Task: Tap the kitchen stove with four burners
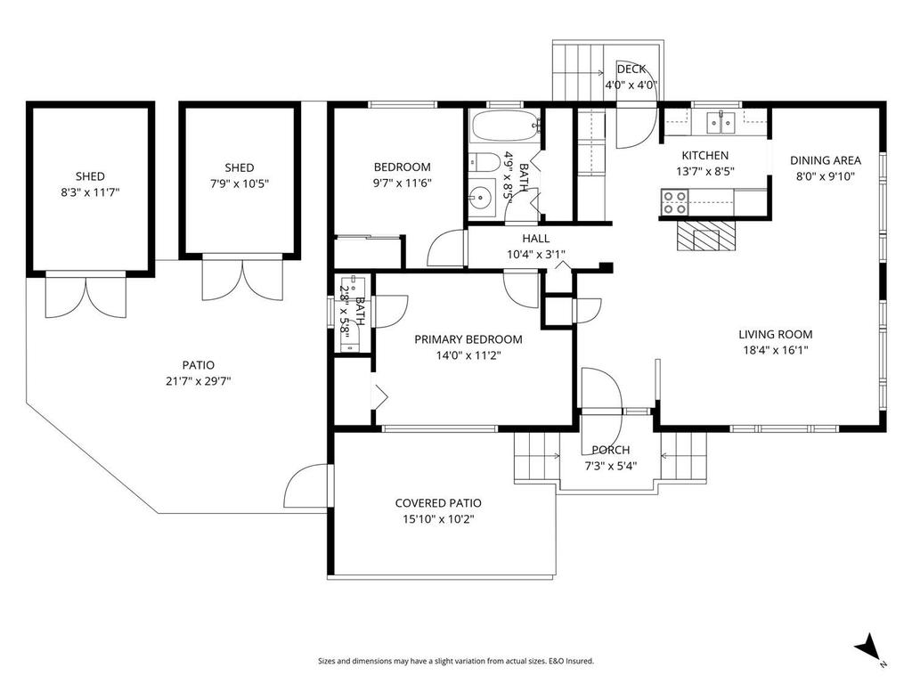click(x=674, y=202)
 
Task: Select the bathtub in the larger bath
click(x=504, y=126)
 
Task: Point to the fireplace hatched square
click(x=707, y=238)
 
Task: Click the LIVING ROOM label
click(x=775, y=335)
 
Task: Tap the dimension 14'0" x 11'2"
click(x=468, y=354)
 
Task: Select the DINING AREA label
click(x=826, y=161)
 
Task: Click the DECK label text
click(x=631, y=69)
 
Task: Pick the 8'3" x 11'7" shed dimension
click(x=90, y=191)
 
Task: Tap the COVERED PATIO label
click(x=438, y=503)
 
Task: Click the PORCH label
click(x=611, y=450)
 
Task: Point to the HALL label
click(x=536, y=239)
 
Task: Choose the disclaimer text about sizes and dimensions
click(x=456, y=661)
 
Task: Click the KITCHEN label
click(x=705, y=156)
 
